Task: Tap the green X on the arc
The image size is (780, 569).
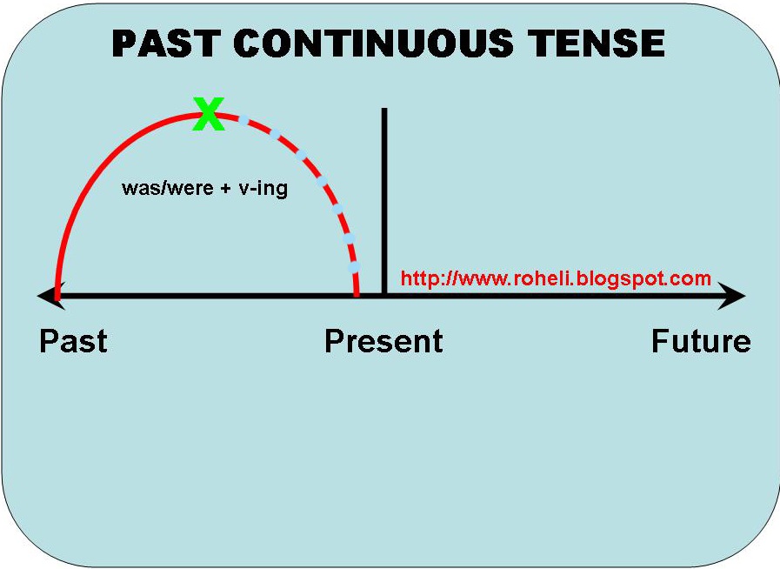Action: coord(209,114)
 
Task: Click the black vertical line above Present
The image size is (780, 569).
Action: coord(383,191)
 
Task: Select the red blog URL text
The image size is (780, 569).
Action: coord(556,279)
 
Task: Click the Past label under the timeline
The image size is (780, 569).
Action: coord(73,341)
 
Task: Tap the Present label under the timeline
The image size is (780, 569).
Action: coord(383,341)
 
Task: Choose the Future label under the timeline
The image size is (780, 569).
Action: coord(701,341)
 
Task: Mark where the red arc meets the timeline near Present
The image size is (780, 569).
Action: coord(357,295)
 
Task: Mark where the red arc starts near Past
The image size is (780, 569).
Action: coord(57,295)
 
